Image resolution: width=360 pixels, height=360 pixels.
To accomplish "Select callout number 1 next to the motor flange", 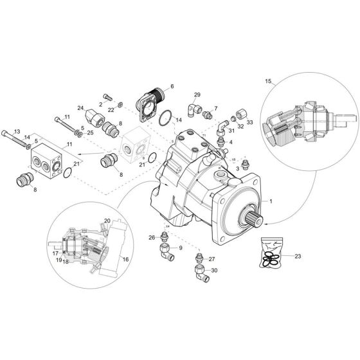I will [271, 202].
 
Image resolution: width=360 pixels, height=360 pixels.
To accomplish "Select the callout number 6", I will [172, 86].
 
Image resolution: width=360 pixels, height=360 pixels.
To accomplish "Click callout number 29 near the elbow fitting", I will [197, 95].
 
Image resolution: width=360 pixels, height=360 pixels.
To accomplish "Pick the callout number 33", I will [249, 122].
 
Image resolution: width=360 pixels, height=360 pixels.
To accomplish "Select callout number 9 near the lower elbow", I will [180, 248].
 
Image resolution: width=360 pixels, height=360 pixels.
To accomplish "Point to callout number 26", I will [152, 238].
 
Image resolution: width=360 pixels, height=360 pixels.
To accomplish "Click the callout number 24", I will [81, 107].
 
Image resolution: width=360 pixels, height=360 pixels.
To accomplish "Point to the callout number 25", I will [89, 132].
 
